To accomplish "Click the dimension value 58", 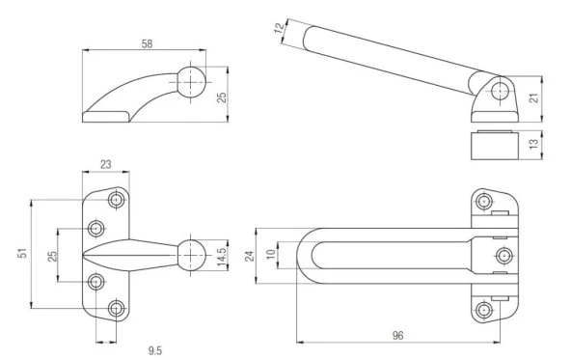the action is pyautogui.click(x=147, y=44).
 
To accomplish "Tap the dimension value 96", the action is pyautogui.click(x=398, y=335).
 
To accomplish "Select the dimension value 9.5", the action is pyautogui.click(x=154, y=350).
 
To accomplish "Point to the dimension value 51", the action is pyautogui.click(x=22, y=253).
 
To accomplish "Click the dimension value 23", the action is pyautogui.click(x=105, y=165).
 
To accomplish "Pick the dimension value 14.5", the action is pyautogui.click(x=222, y=255).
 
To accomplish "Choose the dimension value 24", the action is pyautogui.click(x=250, y=256).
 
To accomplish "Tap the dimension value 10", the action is pyautogui.click(x=271, y=255).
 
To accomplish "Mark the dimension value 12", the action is pyautogui.click(x=279, y=28).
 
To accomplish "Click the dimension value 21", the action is pyautogui.click(x=533, y=97).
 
